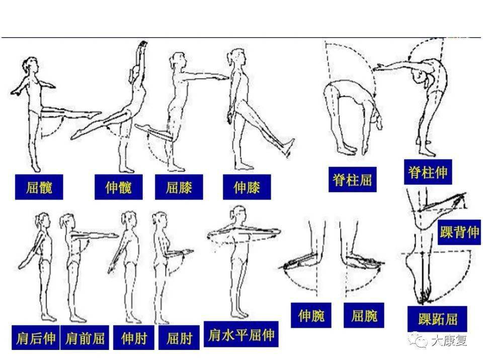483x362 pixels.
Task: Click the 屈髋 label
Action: pyautogui.click(x=39, y=187)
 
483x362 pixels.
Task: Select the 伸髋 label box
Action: pyautogui.click(x=119, y=187)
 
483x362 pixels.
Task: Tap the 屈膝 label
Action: pyautogui.click(x=179, y=187)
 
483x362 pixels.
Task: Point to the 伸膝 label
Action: pyautogui.click(x=247, y=187)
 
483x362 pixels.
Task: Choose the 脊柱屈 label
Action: pyautogui.click(x=352, y=179)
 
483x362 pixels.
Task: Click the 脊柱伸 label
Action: pyautogui.click(x=427, y=172)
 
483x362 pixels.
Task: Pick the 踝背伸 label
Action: pyautogui.click(x=459, y=232)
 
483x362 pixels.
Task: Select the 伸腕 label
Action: pyautogui.click(x=311, y=316)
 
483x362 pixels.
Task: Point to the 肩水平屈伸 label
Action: pyautogui.click(x=242, y=334)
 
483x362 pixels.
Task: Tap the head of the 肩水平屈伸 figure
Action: pyautogui.click(x=237, y=213)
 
